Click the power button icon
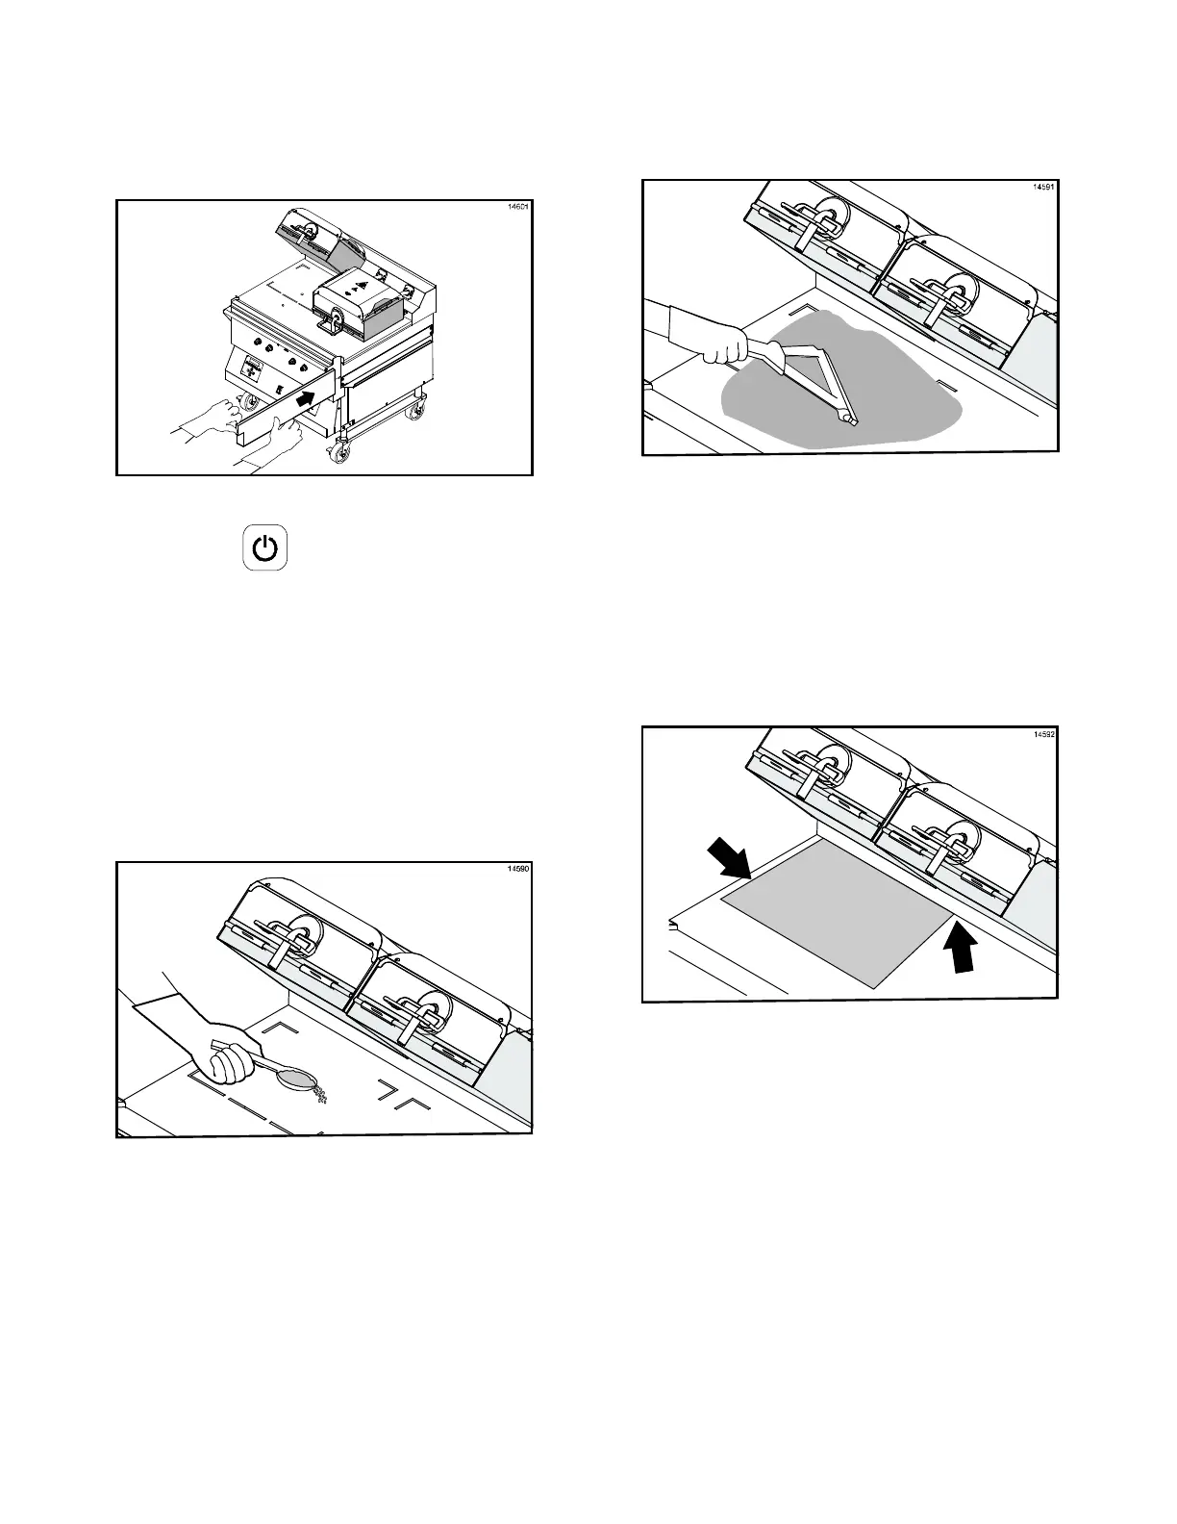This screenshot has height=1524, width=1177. coord(265,549)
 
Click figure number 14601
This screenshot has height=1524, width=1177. coord(517,208)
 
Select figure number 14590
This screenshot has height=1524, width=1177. coord(517,870)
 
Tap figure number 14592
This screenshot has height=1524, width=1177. coord(1042,735)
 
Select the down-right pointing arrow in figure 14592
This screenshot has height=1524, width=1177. coord(729,857)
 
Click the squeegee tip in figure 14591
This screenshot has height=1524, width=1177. coord(848,419)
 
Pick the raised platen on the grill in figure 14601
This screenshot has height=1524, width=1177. coord(317,236)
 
